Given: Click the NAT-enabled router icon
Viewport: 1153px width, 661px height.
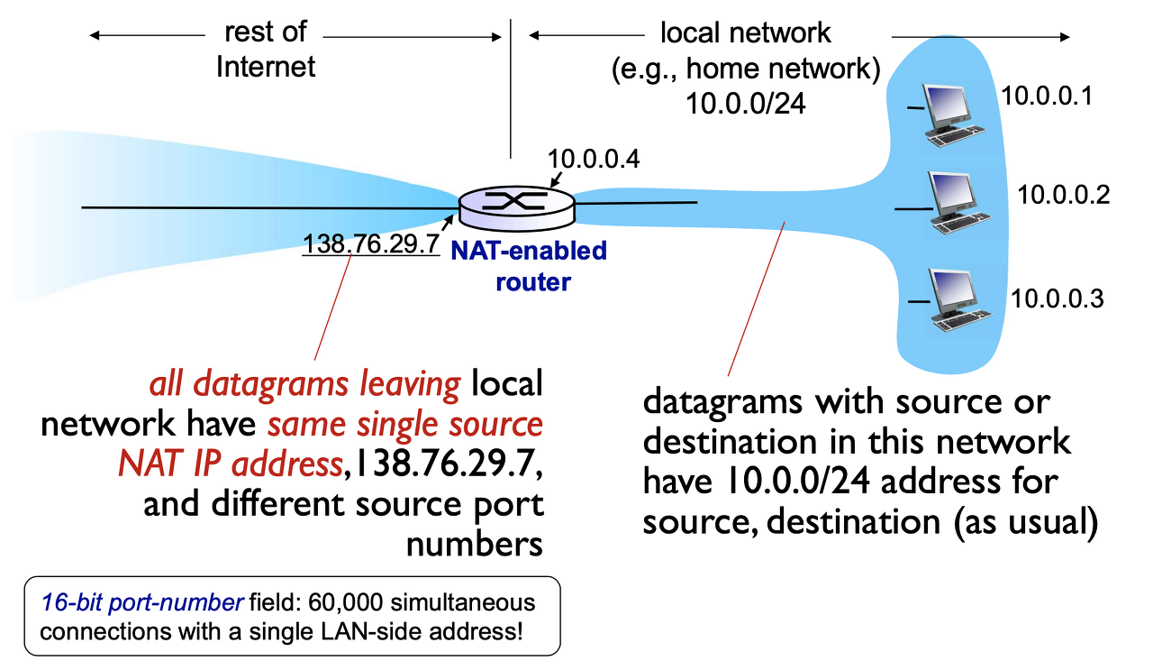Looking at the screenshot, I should [515, 207].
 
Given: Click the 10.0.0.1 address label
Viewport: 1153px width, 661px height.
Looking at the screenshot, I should [1047, 96].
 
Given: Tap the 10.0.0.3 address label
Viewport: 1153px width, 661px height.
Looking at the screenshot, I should [1057, 298].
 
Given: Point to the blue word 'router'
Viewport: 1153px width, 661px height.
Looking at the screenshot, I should [532, 281].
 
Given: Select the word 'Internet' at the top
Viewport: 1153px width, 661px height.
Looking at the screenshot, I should [266, 67].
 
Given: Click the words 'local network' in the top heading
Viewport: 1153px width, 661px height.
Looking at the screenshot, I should [745, 33].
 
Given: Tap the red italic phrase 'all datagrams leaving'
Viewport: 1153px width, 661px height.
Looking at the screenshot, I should [305, 384].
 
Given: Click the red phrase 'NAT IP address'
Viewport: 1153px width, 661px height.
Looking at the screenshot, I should [230, 463].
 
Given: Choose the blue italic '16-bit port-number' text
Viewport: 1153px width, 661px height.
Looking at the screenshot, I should [140, 601].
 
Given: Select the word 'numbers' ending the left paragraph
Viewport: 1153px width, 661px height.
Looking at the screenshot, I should [475, 544].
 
